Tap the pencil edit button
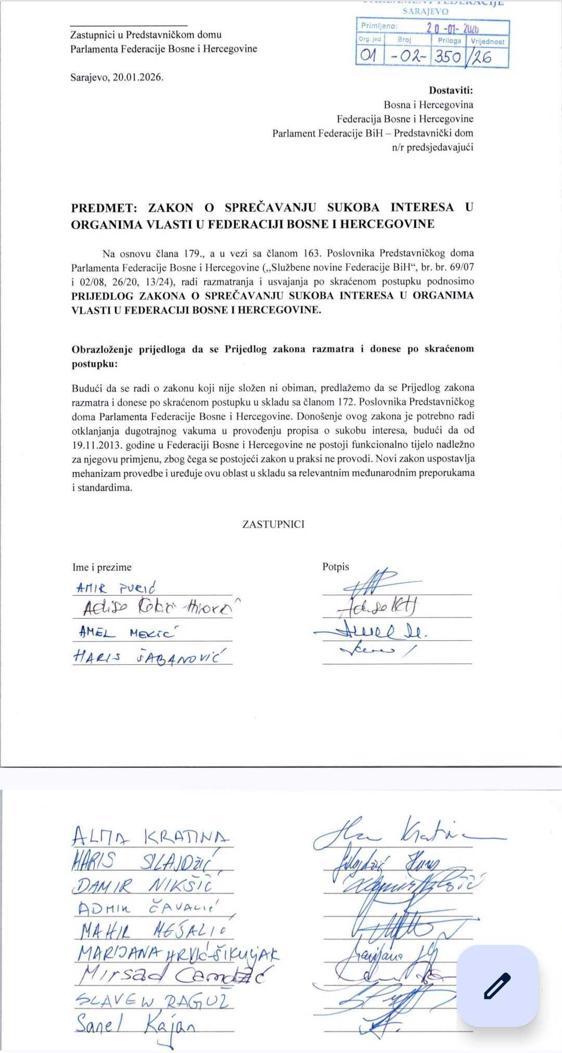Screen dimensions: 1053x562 [x=497, y=985]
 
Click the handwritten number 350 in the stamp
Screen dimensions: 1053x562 [x=448, y=56]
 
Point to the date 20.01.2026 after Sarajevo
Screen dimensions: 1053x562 [x=138, y=78]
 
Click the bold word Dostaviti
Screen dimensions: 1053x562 [x=451, y=90]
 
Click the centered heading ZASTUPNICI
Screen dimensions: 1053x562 [x=273, y=524]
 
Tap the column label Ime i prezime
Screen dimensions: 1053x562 [x=102, y=567]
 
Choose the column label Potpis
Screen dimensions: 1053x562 [x=336, y=567]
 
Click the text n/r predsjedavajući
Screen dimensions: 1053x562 [x=432, y=147]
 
